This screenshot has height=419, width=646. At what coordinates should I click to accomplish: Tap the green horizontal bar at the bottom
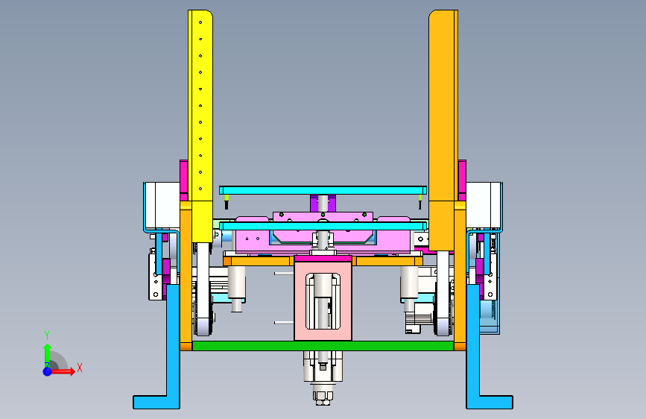tap(323, 346)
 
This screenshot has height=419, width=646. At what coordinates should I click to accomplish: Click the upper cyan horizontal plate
tap(323, 190)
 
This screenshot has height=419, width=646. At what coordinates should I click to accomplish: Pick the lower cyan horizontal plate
tap(323, 226)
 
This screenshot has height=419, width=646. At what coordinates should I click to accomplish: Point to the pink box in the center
tap(323, 298)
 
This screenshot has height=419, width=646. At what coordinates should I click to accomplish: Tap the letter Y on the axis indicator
tap(47, 335)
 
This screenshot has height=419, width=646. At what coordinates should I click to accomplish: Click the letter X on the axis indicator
tap(80, 368)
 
